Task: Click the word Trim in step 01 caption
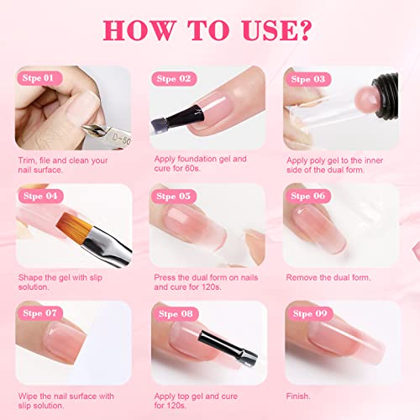pos(27,157)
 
